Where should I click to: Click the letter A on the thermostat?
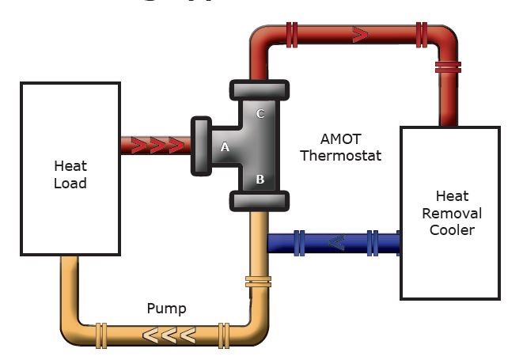tap(225, 146)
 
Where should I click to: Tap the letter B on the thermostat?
tap(260, 180)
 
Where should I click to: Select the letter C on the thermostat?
tap(260, 114)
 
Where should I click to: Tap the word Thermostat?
tap(340, 156)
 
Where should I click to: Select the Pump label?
tap(166, 309)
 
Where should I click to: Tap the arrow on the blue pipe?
tap(335, 242)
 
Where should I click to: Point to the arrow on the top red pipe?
tap(360, 35)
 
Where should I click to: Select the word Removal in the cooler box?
tap(451, 213)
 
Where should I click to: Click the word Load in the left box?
tap(70, 184)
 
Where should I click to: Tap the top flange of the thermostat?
tap(260, 89)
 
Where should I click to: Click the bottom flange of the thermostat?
tap(260, 200)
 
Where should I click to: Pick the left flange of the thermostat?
tap(199, 146)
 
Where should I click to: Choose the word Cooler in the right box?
tap(452, 230)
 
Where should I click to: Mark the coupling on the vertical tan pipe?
tap(259, 281)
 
